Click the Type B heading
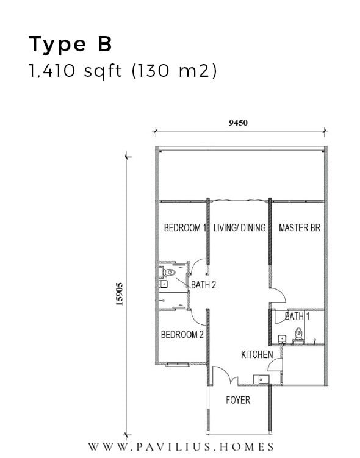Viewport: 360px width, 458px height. pyautogui.click(x=70, y=45)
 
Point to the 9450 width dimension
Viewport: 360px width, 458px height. pyautogui.click(x=238, y=123)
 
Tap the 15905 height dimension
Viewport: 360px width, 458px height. pyautogui.click(x=120, y=294)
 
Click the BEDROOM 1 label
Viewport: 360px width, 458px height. pyautogui.click(x=185, y=228)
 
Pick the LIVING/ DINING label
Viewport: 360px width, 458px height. pyautogui.click(x=239, y=228)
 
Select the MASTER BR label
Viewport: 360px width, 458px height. pyautogui.click(x=300, y=228)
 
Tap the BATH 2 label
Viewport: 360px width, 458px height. pyautogui.click(x=203, y=285)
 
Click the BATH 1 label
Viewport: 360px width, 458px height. pyautogui.click(x=297, y=316)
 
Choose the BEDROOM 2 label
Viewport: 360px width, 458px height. pyautogui.click(x=182, y=335)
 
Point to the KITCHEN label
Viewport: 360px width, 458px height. pyautogui.click(x=257, y=354)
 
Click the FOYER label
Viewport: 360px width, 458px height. pyautogui.click(x=238, y=400)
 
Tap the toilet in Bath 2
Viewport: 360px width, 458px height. pyautogui.click(x=169, y=273)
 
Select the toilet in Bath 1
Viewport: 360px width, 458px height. pyautogui.click(x=298, y=334)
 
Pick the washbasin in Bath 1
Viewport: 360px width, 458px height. pyautogui.click(x=282, y=339)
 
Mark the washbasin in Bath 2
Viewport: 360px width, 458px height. pyautogui.click(x=164, y=284)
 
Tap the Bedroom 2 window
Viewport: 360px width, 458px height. pyautogui.click(x=178, y=364)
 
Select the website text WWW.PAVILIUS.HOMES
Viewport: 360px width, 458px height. pyautogui.click(x=181, y=447)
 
